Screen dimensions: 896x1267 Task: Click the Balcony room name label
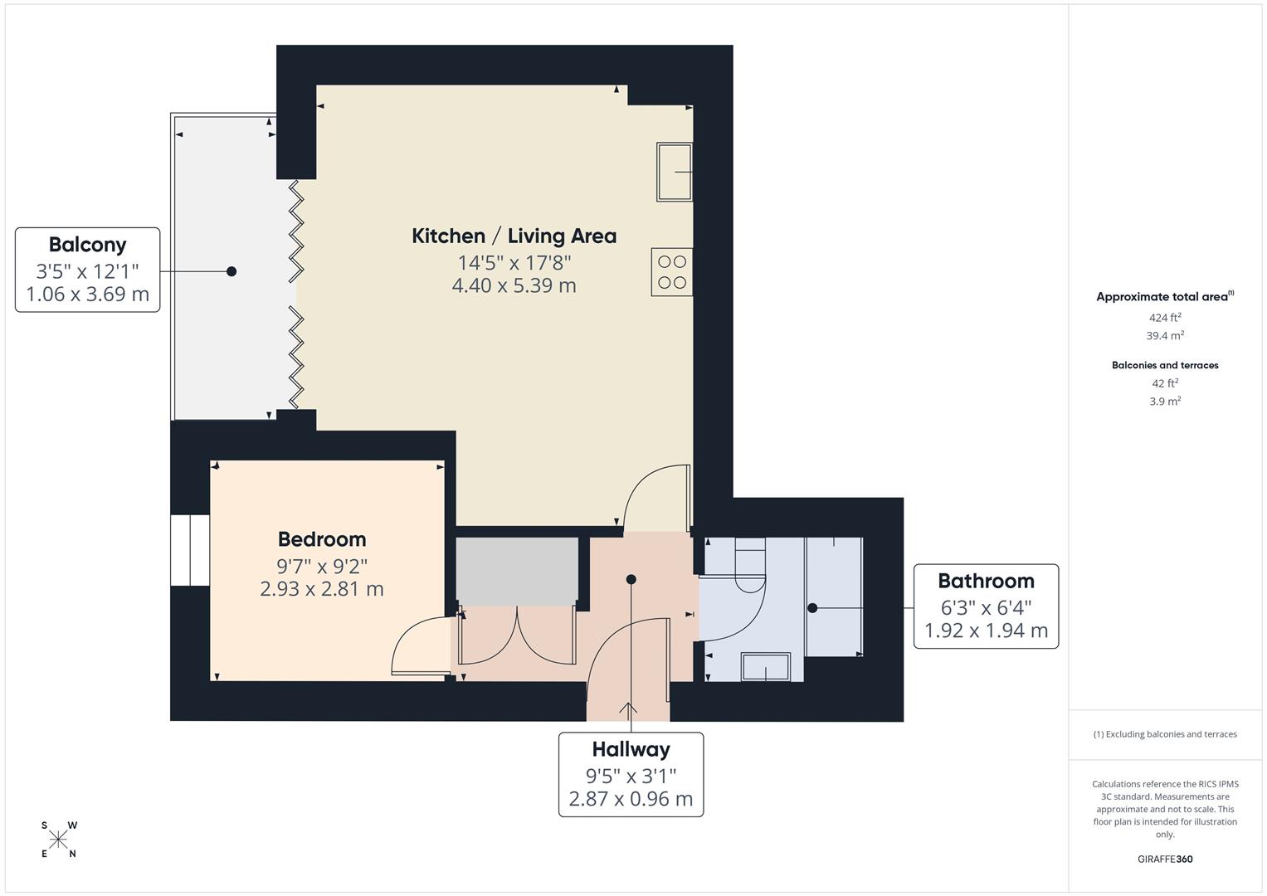(87, 245)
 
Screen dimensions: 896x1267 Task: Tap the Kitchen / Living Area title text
(514, 236)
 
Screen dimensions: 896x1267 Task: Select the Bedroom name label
(322, 539)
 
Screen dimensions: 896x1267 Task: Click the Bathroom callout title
(986, 581)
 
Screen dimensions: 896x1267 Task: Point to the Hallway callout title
(631, 749)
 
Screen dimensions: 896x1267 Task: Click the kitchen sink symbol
(674, 172)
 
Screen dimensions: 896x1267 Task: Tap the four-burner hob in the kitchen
(671, 272)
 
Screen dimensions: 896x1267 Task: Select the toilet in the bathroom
(749, 565)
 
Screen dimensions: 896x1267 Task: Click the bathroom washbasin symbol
(765, 666)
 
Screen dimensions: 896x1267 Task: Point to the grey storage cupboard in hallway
(517, 571)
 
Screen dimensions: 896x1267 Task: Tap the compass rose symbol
(58, 840)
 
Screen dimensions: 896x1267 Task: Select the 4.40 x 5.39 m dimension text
(514, 285)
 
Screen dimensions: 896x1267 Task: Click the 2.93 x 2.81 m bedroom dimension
(322, 589)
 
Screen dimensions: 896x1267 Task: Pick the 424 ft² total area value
(1165, 318)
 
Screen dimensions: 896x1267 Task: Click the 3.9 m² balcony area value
(1165, 402)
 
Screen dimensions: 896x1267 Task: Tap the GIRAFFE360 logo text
(1165, 859)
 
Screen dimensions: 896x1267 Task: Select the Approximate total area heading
(1163, 297)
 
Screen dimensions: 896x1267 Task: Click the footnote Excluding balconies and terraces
(1165, 734)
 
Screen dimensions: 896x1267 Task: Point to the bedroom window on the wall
(190, 550)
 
